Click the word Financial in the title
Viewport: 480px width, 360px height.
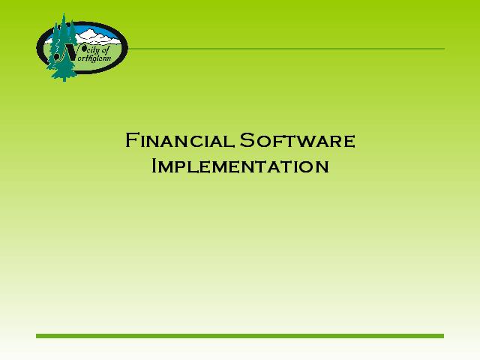coord(180,140)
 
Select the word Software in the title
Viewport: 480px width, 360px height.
coord(297,140)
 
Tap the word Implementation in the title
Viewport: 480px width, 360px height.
coord(240,166)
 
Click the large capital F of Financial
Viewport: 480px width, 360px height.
coord(131,140)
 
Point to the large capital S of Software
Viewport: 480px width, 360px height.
coord(247,140)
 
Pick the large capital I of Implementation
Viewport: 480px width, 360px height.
coord(154,166)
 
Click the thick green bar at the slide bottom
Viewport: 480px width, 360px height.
coord(240,336)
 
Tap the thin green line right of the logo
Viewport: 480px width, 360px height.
coord(286,49)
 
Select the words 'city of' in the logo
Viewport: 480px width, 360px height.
coord(96,49)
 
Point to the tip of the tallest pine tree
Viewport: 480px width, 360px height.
coord(64,13)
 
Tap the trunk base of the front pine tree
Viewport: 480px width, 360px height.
coord(64,79)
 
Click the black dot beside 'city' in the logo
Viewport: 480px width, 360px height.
coord(80,47)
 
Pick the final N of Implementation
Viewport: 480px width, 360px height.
coord(322,167)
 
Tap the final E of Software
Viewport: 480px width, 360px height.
coord(349,142)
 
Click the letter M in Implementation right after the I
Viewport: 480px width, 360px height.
coord(167,167)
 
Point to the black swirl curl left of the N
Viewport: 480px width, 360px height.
coord(58,55)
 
